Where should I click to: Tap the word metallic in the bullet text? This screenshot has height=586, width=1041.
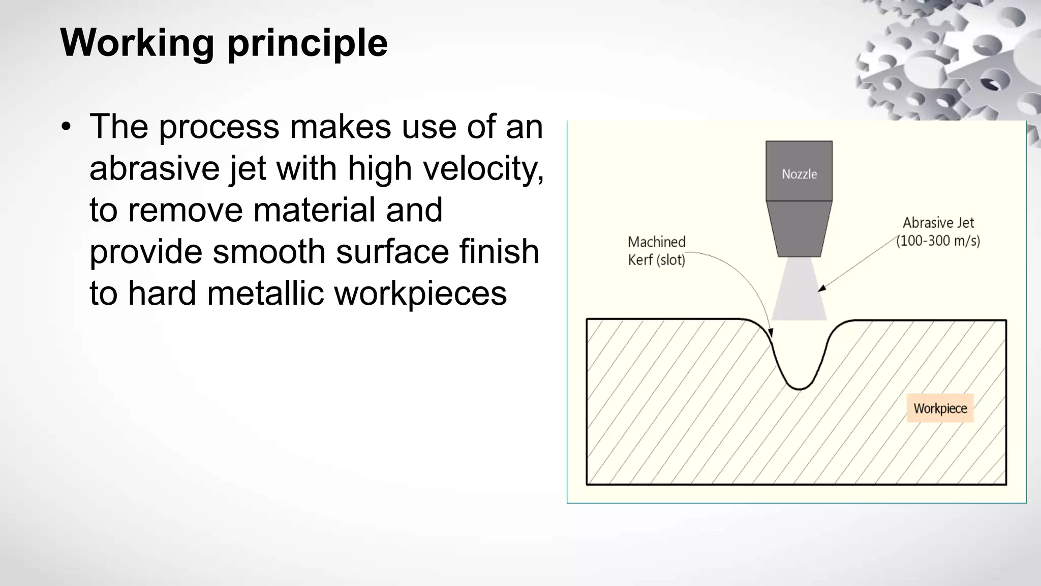(x=265, y=294)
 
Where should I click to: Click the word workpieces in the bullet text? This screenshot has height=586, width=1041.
(x=420, y=294)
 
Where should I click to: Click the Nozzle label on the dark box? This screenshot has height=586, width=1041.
(x=799, y=174)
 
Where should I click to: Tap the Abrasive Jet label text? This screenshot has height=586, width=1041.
(x=938, y=223)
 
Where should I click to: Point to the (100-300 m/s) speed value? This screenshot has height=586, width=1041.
(x=938, y=241)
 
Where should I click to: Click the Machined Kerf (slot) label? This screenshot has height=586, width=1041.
(x=657, y=251)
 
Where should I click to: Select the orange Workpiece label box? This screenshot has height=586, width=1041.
(x=940, y=408)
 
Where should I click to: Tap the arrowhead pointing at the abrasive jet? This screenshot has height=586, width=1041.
(x=821, y=288)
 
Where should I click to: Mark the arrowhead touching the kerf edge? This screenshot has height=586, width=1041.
(x=771, y=334)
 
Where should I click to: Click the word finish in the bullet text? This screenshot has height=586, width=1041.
(x=499, y=252)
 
